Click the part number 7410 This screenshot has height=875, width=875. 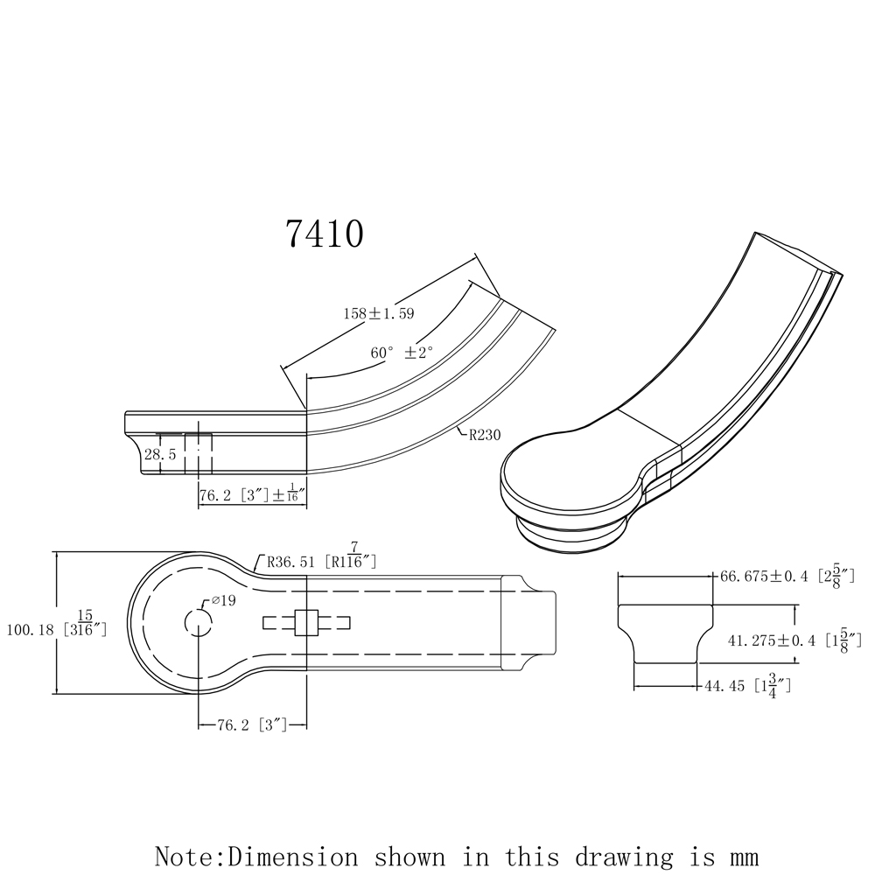click(324, 234)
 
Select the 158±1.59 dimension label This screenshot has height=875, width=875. click(377, 313)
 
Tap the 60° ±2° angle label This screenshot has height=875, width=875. click(402, 352)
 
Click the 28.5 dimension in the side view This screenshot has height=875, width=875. click(161, 454)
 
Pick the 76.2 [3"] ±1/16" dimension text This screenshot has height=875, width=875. click(252, 495)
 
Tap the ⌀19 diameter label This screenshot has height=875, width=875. click(223, 601)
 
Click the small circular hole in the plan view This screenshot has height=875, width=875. click(199, 622)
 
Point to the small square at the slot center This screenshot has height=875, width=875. click(306, 622)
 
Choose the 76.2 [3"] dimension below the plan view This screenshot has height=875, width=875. click(252, 724)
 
